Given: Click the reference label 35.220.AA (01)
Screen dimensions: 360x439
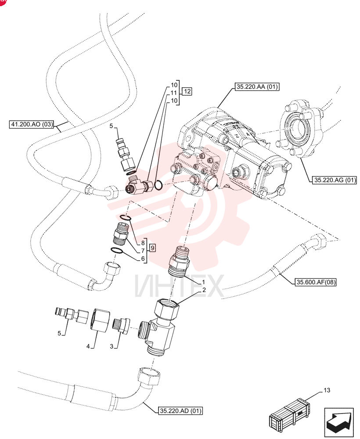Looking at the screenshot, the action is tap(257, 87).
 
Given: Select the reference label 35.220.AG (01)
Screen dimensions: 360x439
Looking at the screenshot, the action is tap(335, 180).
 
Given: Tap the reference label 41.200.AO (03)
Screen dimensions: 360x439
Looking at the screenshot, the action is tap(31, 124).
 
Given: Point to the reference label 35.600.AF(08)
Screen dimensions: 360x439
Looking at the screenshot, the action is tap(316, 282).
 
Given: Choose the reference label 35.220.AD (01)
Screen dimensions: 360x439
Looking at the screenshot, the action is tap(180, 411).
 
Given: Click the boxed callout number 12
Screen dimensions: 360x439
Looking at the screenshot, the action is tap(187, 91).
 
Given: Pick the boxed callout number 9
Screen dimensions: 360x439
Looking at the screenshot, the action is tap(153, 248).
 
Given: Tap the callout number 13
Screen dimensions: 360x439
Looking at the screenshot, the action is tap(327, 390).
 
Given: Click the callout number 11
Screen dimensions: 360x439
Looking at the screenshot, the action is tap(174, 93).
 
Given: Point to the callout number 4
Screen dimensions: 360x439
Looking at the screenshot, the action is tap(88, 347).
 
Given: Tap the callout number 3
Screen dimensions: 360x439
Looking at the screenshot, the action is tap(112, 347).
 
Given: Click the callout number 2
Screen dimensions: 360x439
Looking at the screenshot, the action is tap(204, 290).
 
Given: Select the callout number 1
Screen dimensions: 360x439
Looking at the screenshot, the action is tap(204, 282).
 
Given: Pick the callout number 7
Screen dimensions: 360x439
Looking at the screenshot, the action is tap(143, 251).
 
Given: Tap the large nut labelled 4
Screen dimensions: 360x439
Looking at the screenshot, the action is tap(100, 320).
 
